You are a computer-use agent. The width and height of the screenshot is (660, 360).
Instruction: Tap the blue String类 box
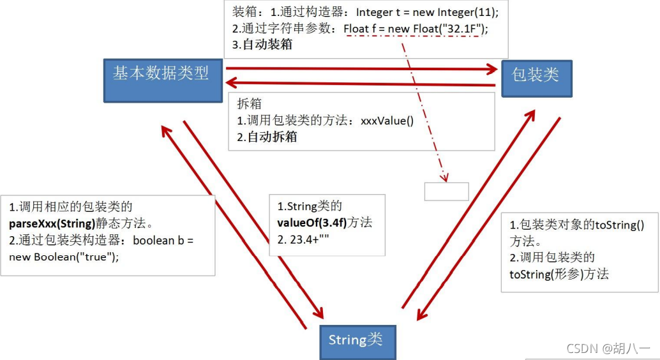[x=357, y=340]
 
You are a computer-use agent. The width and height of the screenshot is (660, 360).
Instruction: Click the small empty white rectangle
[x=446, y=191]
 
